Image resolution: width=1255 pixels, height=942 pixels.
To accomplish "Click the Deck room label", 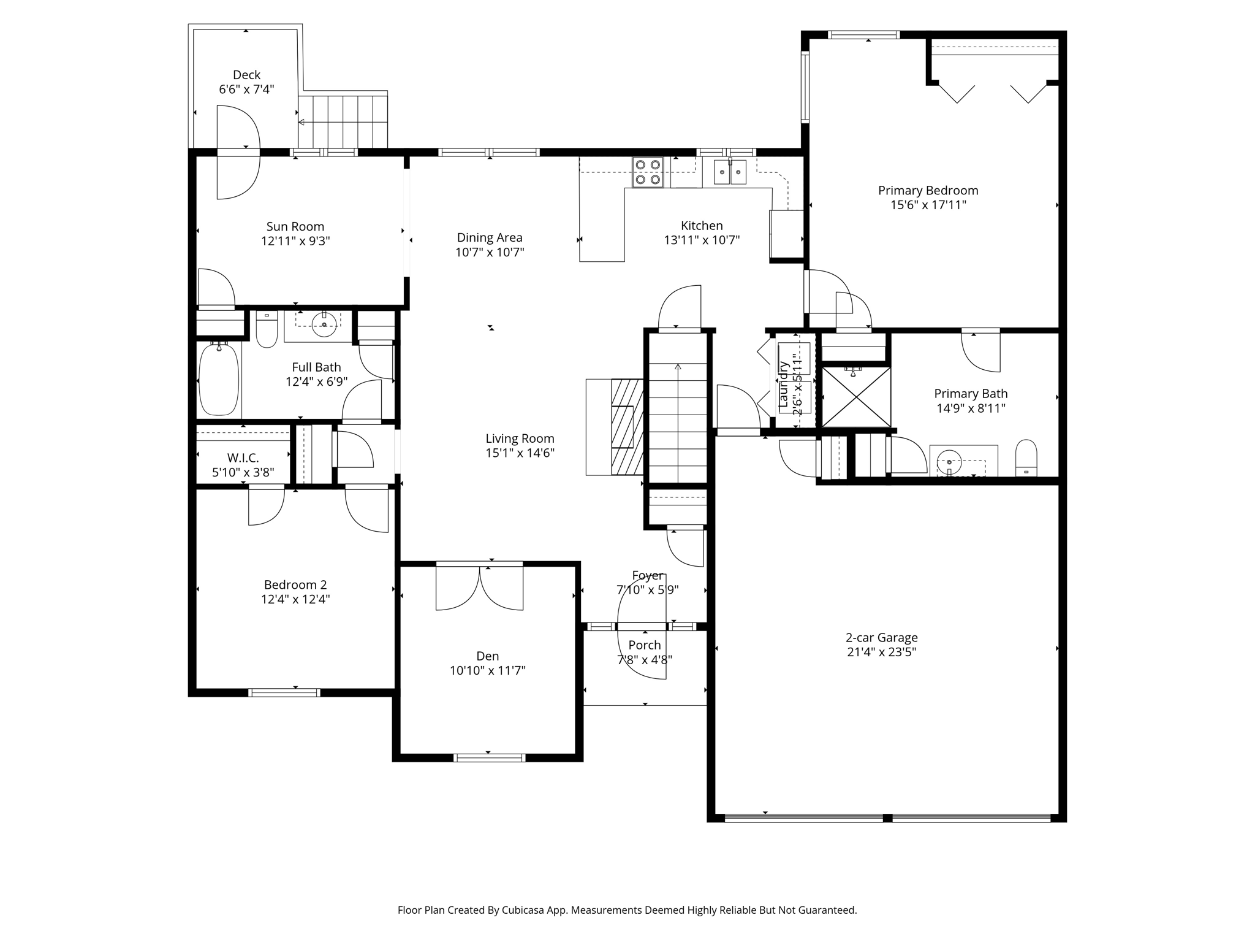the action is (246, 75).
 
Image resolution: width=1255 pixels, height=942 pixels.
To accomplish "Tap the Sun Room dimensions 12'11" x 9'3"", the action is (295, 241).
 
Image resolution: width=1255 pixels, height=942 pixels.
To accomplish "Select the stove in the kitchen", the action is (648, 172).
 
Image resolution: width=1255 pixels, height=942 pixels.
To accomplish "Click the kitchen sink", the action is (730, 172).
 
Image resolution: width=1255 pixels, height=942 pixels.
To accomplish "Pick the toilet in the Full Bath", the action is (267, 329).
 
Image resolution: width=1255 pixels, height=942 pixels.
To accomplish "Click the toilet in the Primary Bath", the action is (1026, 458).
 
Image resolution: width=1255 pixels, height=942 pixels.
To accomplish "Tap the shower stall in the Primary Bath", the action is (855, 396).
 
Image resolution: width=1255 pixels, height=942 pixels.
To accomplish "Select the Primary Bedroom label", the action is (928, 191).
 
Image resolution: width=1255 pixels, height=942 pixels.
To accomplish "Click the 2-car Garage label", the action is (882, 638).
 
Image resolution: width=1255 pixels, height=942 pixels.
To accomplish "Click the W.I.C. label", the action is (243, 458).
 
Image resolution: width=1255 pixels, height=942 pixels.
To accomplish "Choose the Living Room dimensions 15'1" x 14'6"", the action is (520, 453).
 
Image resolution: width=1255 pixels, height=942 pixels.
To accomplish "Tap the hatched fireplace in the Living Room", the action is (627, 427).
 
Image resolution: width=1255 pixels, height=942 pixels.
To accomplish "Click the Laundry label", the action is (783, 385).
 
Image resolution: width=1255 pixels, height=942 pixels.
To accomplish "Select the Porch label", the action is (645, 645).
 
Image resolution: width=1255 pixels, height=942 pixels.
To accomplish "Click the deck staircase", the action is (343, 121).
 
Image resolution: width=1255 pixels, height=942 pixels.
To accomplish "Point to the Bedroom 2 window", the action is (284, 693).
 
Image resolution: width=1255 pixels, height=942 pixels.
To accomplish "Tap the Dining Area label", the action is (490, 238).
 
